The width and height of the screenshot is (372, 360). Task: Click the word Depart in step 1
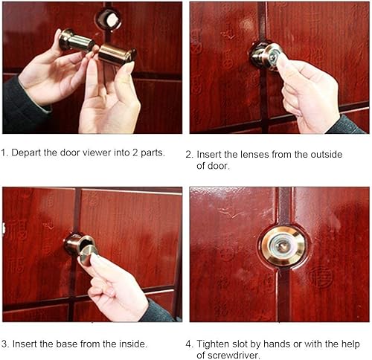click(26, 152)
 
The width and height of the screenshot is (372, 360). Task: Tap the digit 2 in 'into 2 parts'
click(135, 152)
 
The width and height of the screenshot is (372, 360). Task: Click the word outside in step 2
click(327, 155)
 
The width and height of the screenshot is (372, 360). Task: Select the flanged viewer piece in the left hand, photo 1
click(76, 41)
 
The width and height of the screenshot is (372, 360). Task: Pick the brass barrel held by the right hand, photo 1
click(117, 54)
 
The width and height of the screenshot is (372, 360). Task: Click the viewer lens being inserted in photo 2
click(266, 57)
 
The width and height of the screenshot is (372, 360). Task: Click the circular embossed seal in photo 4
click(321, 275)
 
